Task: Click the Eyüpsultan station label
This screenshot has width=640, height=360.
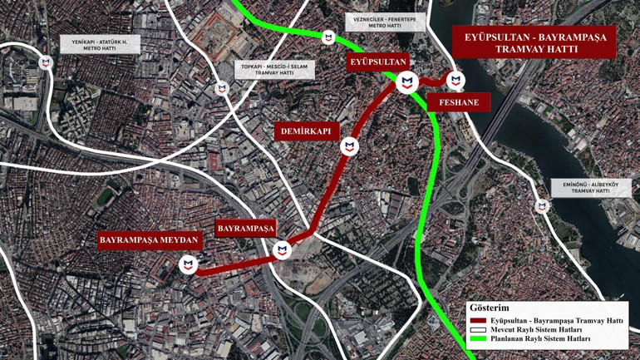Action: pos(378,62)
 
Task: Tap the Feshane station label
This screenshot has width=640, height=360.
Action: pos(458,102)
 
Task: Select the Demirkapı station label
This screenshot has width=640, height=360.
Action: pos(308,131)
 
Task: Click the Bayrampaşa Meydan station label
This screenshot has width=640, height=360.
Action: pos(150,240)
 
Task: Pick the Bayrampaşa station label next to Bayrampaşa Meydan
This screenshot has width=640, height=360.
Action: pos(245,228)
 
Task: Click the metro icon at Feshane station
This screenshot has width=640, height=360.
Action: pos(455,80)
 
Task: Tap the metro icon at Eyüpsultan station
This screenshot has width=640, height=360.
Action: pos(406,81)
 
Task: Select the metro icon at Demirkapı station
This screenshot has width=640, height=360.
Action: pos(350,147)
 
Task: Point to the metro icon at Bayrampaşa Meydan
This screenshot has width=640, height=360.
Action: pos(189,265)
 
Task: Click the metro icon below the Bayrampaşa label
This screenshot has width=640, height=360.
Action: pos(283,249)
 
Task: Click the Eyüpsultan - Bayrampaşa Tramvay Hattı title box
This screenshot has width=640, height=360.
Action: pos(534,43)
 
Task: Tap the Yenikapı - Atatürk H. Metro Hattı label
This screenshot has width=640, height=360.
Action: pos(100,45)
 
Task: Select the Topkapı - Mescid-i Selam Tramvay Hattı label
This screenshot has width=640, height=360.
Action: pos(273,69)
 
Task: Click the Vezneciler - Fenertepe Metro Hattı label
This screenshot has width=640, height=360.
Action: pos(385,22)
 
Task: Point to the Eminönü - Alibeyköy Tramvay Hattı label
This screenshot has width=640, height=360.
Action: pos(591,188)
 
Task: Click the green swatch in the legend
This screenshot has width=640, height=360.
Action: pos(477,339)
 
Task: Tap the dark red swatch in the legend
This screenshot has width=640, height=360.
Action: pos(477,321)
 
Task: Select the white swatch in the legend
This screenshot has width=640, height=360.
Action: pos(477,330)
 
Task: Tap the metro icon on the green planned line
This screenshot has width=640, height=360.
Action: pos(328,37)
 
